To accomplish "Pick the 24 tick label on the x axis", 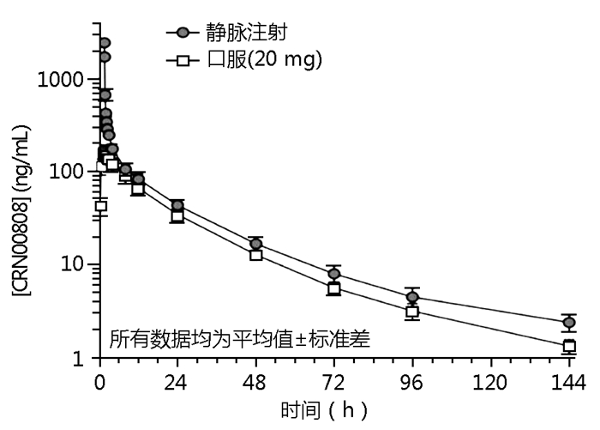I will point(177,382).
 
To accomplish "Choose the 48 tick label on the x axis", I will point(255,382).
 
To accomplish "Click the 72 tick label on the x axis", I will point(334,382).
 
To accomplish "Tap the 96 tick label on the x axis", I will point(412,382).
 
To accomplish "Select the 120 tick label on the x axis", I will point(490,382).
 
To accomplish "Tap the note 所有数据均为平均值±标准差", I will point(239,338).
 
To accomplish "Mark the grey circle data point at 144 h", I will point(568,323).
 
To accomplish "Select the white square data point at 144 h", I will point(568,347).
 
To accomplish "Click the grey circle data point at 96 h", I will point(412,298).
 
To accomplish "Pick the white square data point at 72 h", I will point(334,289).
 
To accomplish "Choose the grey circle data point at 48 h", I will point(255,245).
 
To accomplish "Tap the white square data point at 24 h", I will point(177,216).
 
